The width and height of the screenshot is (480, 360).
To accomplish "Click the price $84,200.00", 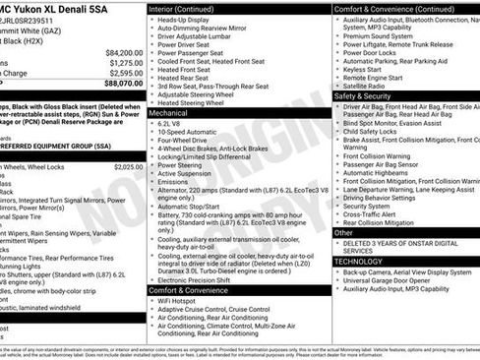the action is coord(123,52).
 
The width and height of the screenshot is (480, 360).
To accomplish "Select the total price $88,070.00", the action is coord(123,83).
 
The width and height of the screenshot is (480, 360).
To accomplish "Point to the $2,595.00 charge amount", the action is coord(125,73).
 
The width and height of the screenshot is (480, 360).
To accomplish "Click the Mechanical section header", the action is coord(169,113).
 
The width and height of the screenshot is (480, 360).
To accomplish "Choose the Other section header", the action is coord(343,233).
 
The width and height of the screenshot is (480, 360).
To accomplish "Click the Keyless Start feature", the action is coord(363,70).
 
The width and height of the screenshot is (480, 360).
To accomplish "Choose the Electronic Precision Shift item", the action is coord(201,280).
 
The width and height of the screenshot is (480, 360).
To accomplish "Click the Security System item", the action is coord(368,206).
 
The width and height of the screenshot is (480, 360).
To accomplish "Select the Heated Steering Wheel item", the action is coord(197,102).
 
